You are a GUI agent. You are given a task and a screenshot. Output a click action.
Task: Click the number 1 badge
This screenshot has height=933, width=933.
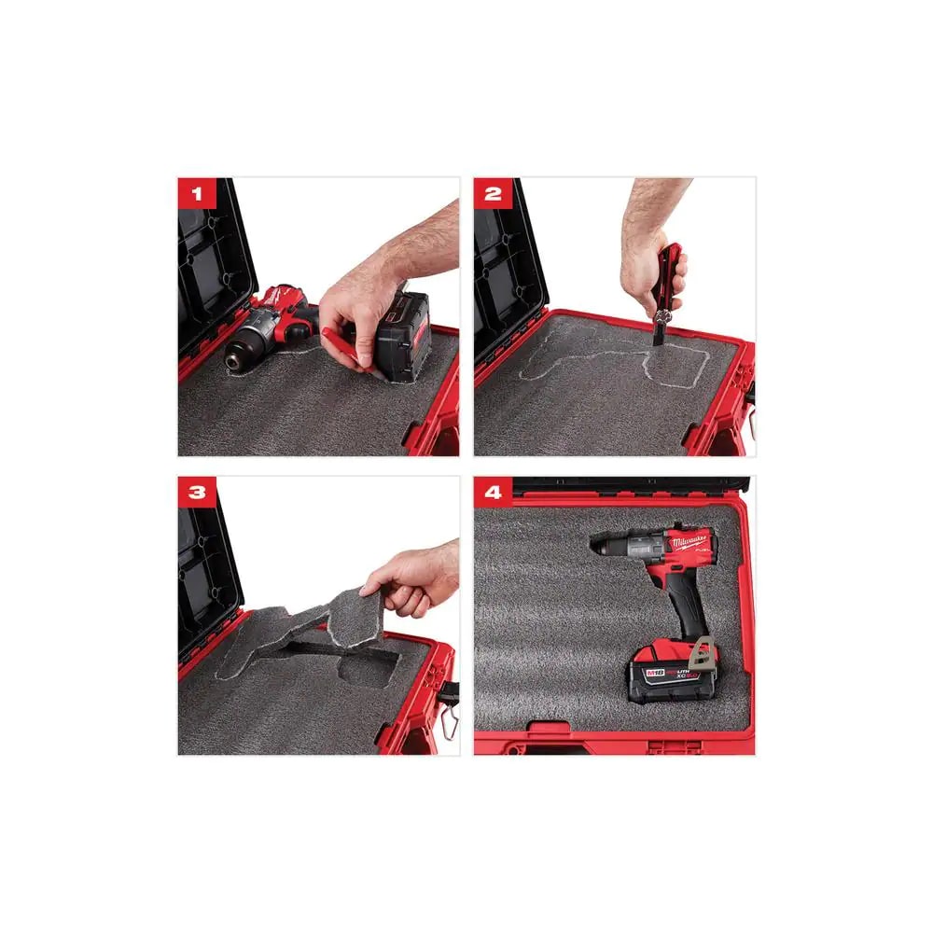click(x=196, y=195)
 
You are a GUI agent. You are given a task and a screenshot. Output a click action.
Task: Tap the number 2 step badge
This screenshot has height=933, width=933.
click(x=493, y=195)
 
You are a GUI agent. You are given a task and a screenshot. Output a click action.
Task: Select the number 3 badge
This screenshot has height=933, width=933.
click(x=196, y=493)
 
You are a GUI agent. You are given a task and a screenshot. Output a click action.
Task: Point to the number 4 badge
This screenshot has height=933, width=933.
click(x=493, y=493)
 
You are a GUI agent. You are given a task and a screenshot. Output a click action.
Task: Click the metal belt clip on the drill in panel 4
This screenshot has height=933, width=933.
click(x=701, y=650)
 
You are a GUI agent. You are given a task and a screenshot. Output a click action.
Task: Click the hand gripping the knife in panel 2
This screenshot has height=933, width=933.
click(x=653, y=257)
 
